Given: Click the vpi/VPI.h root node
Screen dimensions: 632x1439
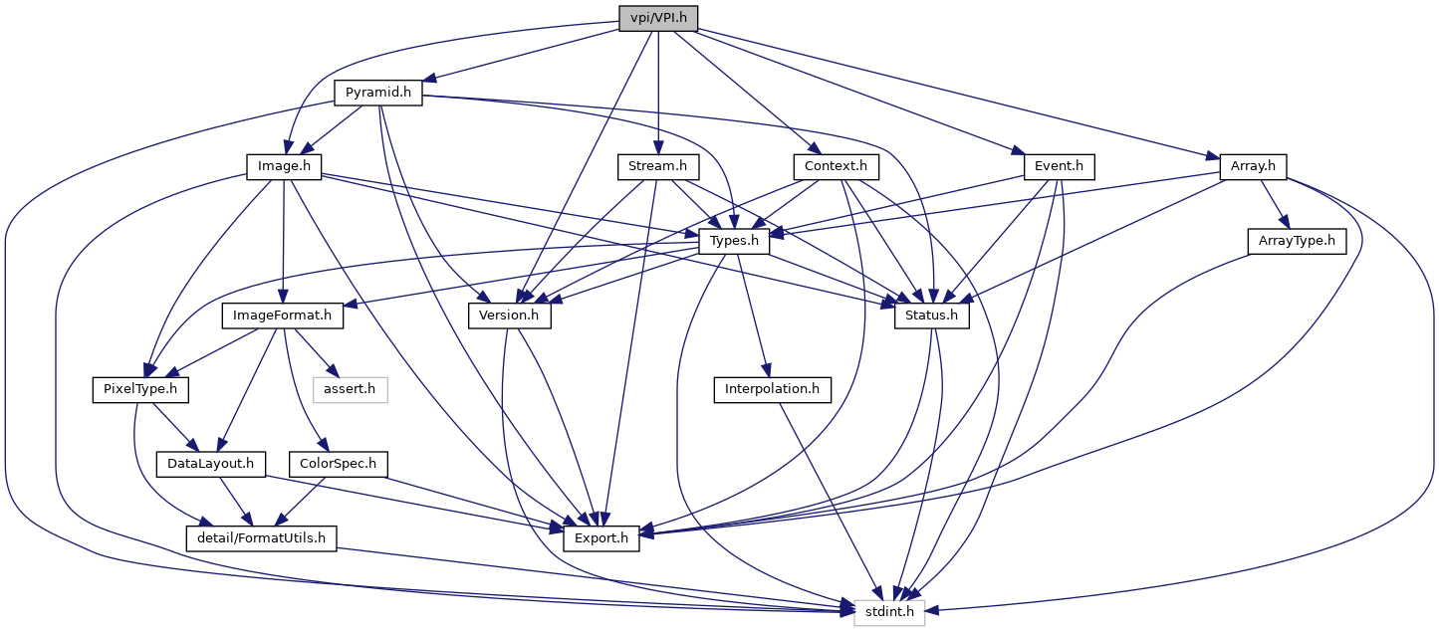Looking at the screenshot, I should coord(658,18).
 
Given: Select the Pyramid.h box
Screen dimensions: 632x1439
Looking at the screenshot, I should coord(377,93).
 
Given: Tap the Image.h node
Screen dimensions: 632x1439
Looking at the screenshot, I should coord(284,166).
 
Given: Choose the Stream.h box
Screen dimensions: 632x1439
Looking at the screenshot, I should coord(658,166).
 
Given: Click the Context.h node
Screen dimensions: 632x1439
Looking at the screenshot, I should coord(830,166).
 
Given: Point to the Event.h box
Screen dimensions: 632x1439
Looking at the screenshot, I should coord(1059,166).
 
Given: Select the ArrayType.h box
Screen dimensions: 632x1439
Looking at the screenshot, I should coord(1296,241).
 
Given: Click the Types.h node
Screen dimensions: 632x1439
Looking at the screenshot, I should coord(734,241).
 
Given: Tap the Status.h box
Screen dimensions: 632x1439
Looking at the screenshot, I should coord(932,316).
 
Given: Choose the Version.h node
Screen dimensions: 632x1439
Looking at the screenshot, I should coord(510,316).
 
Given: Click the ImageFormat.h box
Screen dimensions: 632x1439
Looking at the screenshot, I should coord(282,316).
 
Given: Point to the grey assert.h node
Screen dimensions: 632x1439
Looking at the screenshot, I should coord(351,389).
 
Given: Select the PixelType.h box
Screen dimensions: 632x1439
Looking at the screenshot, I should coord(139,389).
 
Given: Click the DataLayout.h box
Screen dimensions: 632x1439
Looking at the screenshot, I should coord(210,464).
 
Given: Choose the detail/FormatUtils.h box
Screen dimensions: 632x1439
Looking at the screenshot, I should coord(262,538).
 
